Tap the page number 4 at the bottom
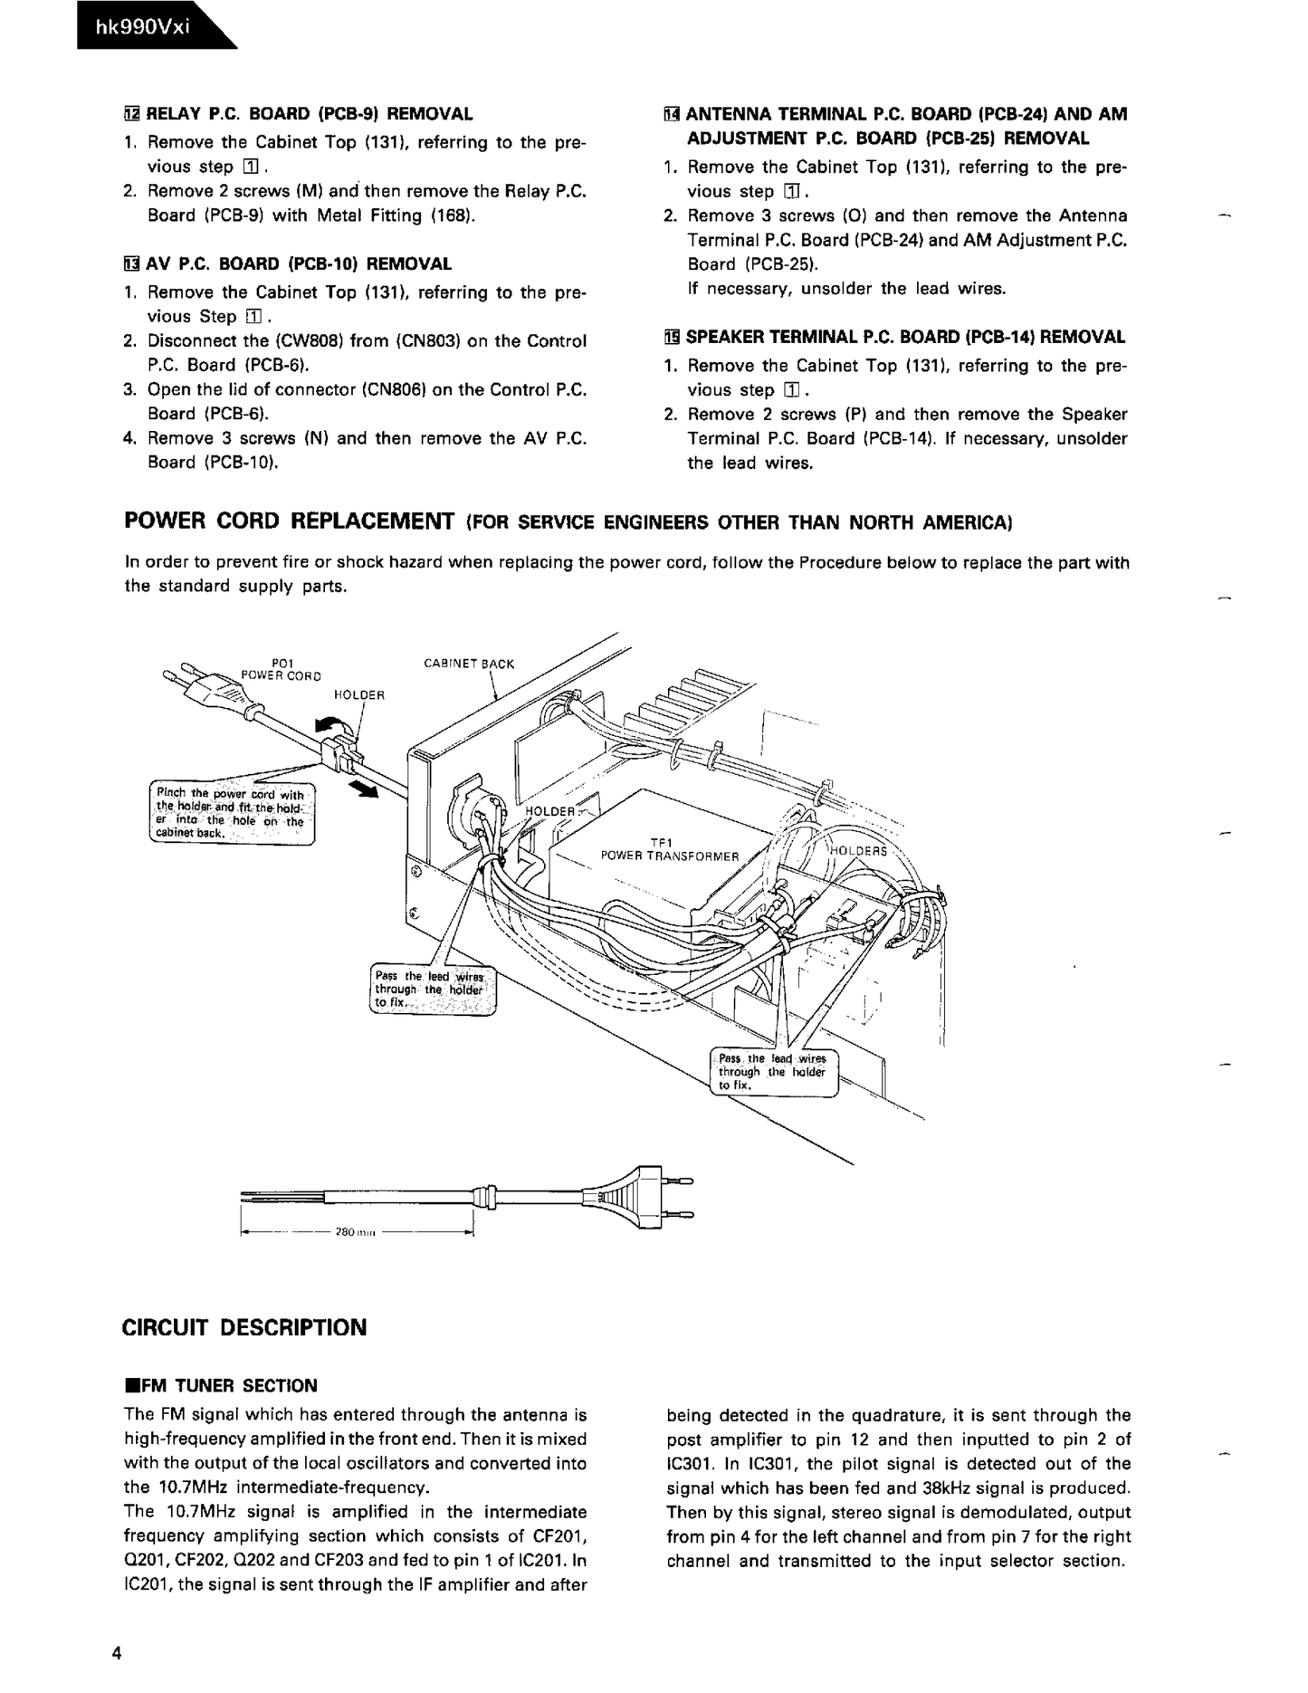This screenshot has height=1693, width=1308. [117, 1654]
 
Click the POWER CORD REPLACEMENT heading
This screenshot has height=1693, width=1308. [289, 521]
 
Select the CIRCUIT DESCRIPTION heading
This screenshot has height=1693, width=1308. [243, 1328]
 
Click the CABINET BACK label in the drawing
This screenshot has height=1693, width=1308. [468, 664]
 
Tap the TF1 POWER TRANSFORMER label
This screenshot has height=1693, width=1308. [669, 849]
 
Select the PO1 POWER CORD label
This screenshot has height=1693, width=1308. [280, 669]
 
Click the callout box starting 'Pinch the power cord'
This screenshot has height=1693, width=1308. [231, 814]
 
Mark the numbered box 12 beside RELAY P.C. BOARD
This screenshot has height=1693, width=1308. [132, 114]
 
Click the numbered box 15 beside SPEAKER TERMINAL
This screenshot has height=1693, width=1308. [671, 338]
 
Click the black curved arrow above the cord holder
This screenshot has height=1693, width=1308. [329, 726]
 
